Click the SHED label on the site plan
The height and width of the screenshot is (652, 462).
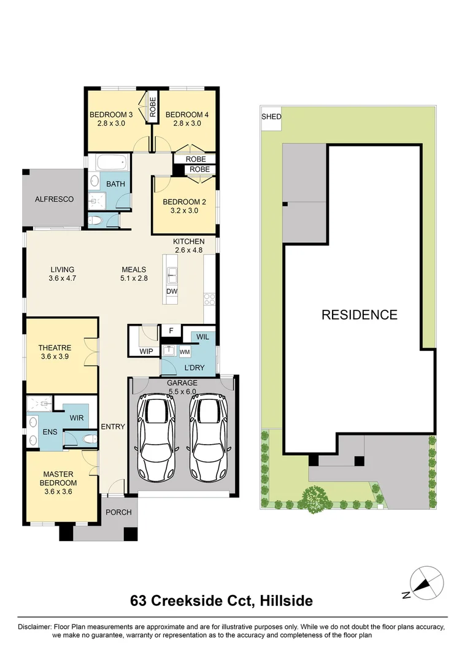[x=271, y=117]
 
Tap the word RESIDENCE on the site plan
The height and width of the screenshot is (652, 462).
[x=360, y=315]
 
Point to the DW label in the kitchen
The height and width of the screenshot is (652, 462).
[x=172, y=291]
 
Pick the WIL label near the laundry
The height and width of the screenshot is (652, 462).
[x=202, y=337]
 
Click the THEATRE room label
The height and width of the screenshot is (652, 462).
[x=55, y=348]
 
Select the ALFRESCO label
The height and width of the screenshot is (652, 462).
[x=54, y=199]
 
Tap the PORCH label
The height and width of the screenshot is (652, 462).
[x=118, y=512]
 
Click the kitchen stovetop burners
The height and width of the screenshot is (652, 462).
[x=209, y=299]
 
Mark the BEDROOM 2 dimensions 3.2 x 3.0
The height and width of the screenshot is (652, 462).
[x=184, y=211]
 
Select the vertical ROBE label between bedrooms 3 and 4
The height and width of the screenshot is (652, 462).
[x=152, y=106]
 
